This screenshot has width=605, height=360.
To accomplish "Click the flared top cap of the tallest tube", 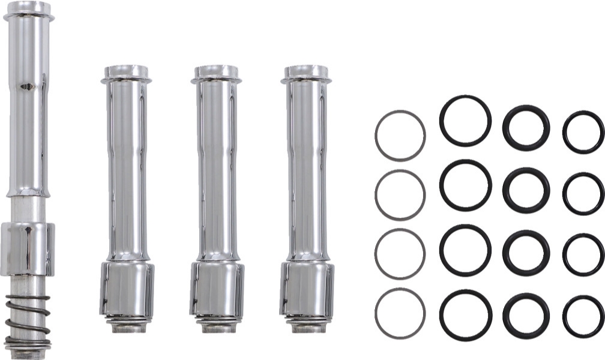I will [28, 11].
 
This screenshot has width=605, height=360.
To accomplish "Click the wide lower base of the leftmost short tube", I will [127, 288].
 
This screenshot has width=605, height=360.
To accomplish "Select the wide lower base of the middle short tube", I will [217, 288].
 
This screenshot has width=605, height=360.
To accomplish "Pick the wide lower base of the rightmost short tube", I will [306, 288].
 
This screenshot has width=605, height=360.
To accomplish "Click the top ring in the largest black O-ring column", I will [442, 121].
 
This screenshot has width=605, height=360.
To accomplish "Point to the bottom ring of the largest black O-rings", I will [442, 315].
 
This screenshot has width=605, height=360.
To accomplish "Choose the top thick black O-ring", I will [506, 127].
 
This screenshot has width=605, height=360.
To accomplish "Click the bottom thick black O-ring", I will [506, 316].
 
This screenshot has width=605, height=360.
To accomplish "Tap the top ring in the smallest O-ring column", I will [565, 132].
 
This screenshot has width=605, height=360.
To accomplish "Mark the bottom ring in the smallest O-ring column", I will [565, 316].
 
